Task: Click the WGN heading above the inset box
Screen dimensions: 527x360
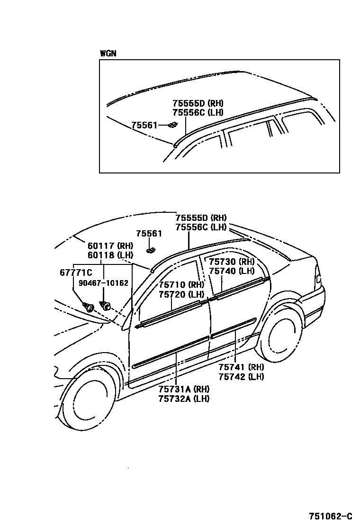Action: (x=108, y=53)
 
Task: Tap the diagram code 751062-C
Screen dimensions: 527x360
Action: (x=331, y=516)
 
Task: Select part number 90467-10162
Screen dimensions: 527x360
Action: (x=104, y=283)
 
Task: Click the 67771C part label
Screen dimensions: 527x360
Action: (x=76, y=273)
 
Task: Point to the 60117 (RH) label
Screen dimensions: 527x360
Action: (x=110, y=245)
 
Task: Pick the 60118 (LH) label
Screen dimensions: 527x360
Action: (x=110, y=255)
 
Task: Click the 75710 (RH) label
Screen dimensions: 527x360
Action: (x=181, y=284)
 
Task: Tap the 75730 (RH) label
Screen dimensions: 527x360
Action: (x=232, y=262)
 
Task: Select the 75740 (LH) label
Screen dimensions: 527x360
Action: (x=232, y=271)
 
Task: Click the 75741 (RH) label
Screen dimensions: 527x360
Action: (x=241, y=367)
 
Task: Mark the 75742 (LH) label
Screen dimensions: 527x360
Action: (x=241, y=377)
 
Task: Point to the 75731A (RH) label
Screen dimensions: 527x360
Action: (x=184, y=389)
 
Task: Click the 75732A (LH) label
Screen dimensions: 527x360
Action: (x=184, y=399)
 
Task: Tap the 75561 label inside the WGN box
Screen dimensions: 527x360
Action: (x=144, y=125)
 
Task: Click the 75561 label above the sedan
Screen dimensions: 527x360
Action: (x=149, y=234)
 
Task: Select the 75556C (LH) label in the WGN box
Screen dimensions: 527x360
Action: (x=198, y=112)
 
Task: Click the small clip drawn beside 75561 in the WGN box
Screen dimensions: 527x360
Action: (x=172, y=125)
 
